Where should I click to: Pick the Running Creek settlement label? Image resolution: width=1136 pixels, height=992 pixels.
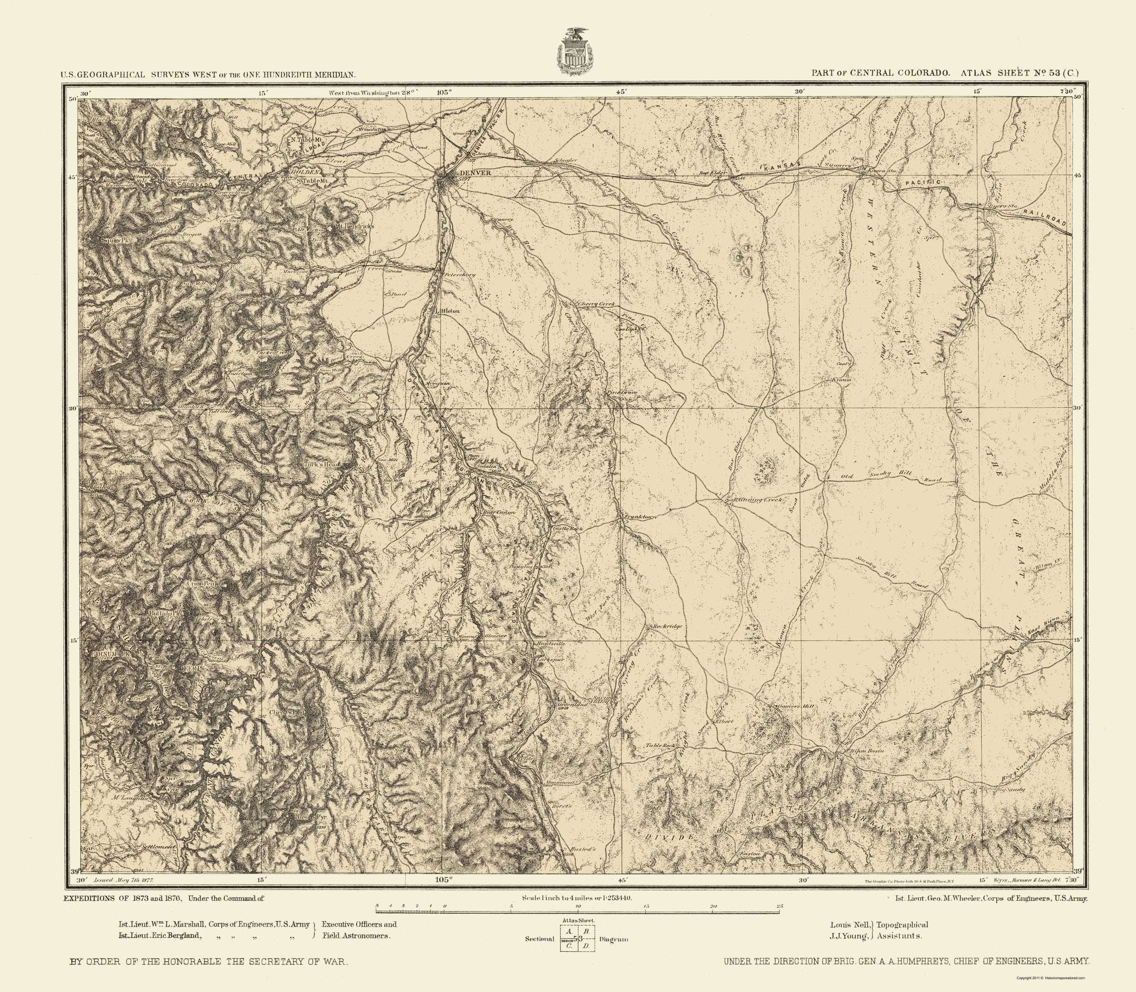coord(757,500)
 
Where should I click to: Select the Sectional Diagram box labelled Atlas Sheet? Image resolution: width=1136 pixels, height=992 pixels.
coord(577,938)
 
